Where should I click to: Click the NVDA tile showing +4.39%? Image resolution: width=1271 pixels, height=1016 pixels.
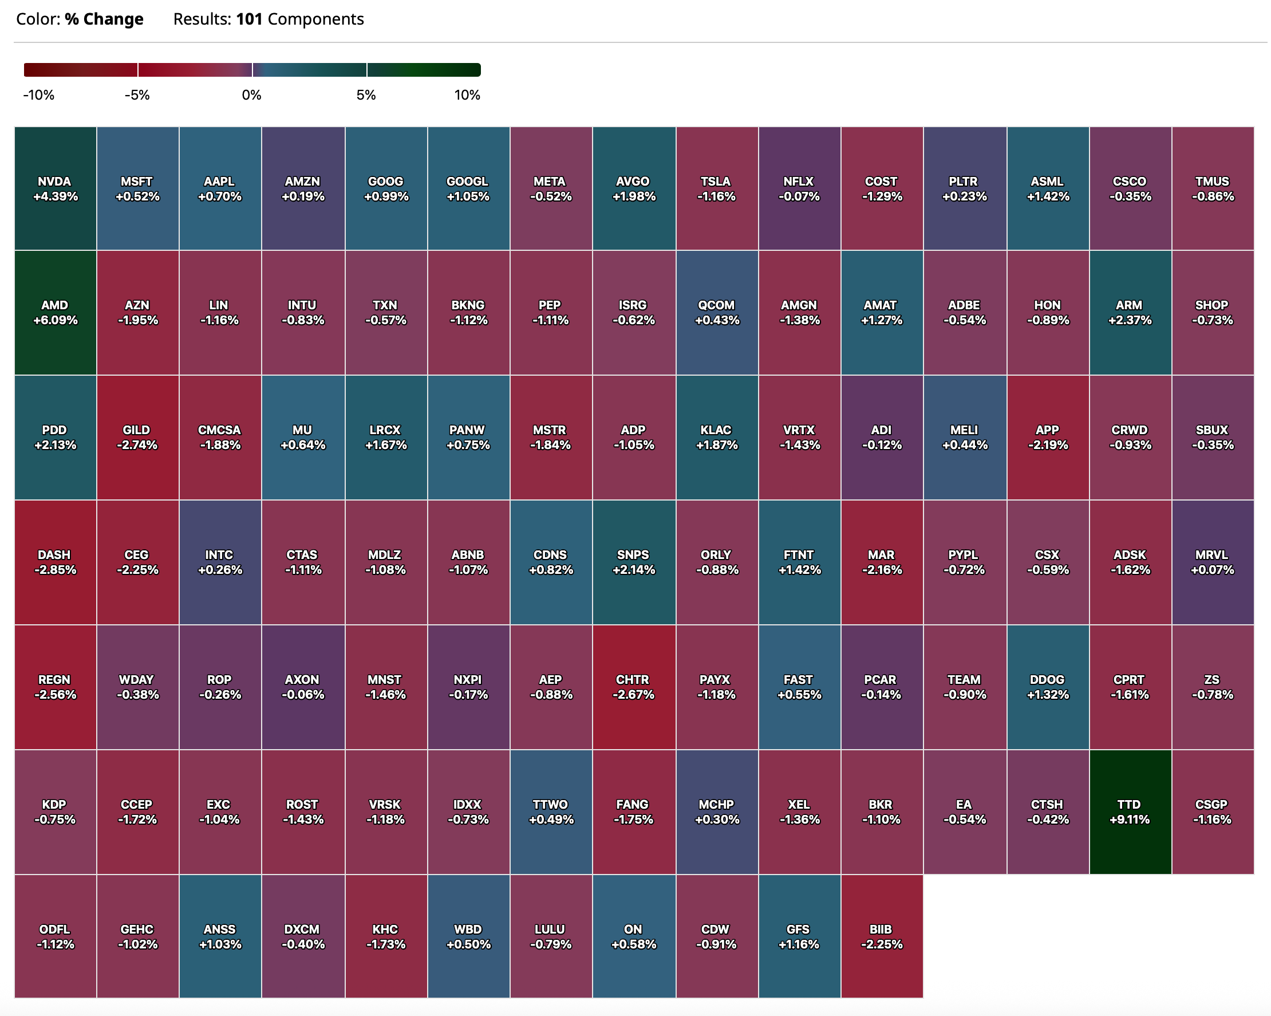click(x=55, y=188)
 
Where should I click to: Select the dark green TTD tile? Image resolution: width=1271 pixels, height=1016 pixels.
click(x=1130, y=812)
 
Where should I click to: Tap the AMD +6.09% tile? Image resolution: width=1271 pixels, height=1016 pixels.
click(x=55, y=313)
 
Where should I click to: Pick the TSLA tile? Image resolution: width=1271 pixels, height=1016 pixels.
click(x=716, y=188)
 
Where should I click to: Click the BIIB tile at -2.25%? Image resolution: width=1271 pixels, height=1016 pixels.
click(x=881, y=936)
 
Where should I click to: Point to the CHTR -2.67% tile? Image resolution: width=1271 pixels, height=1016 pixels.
click(x=633, y=687)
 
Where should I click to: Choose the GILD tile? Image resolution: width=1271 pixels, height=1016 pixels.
click(x=137, y=438)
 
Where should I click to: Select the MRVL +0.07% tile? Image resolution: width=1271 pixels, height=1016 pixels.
click(x=1212, y=562)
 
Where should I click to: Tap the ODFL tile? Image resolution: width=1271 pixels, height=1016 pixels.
click(x=55, y=936)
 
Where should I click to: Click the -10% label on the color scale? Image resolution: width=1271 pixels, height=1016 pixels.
click(x=39, y=95)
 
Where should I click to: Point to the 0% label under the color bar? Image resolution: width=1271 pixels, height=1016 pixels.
click(x=252, y=95)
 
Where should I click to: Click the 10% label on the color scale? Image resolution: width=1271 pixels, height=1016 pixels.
click(x=467, y=95)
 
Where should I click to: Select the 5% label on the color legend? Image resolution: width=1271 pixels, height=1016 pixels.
click(x=366, y=95)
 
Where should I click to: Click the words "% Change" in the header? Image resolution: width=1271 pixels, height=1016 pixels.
click(x=104, y=19)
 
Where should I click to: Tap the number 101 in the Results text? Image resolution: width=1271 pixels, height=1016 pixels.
click(x=249, y=19)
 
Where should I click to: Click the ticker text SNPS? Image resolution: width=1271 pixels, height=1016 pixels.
click(x=633, y=555)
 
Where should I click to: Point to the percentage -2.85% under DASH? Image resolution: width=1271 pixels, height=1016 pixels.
click(x=55, y=570)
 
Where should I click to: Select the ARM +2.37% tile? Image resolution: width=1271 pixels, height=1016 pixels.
click(x=1130, y=313)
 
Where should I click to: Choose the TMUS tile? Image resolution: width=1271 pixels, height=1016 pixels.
click(x=1212, y=188)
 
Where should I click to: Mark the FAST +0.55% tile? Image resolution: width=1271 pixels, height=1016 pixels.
click(x=799, y=687)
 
